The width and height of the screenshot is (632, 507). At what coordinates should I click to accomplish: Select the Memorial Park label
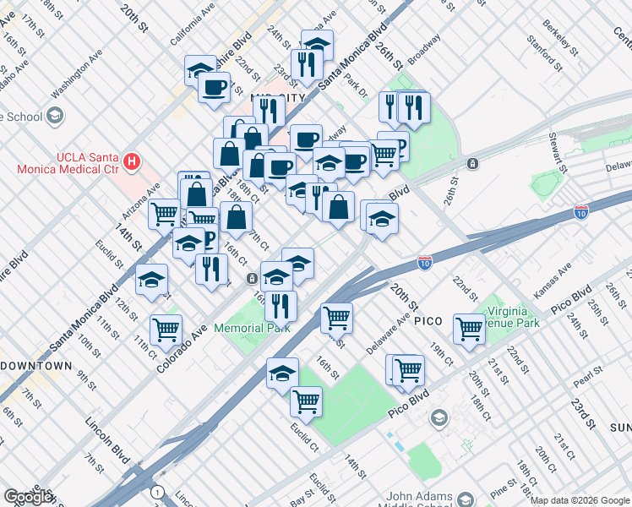251,328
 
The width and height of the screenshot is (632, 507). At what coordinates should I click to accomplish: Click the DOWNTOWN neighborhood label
35,366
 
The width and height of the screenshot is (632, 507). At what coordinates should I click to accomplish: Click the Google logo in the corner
28,497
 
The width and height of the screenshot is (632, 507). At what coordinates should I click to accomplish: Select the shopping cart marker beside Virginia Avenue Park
469,329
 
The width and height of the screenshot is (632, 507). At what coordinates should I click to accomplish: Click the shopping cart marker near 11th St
166,328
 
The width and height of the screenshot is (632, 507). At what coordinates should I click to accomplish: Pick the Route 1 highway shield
155,491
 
